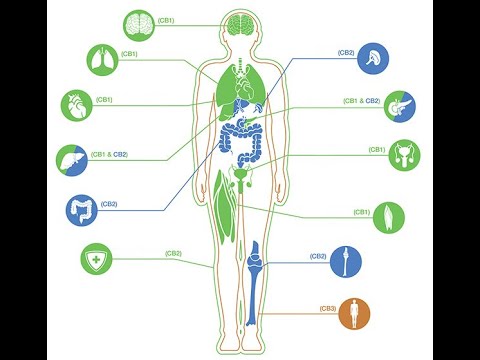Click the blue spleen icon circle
[x=373, y=58]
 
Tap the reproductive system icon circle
[x=404, y=155]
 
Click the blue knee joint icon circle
[x=346, y=261]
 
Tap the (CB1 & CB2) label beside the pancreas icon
[x=360, y=101]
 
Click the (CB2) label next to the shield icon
[x=173, y=253]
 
